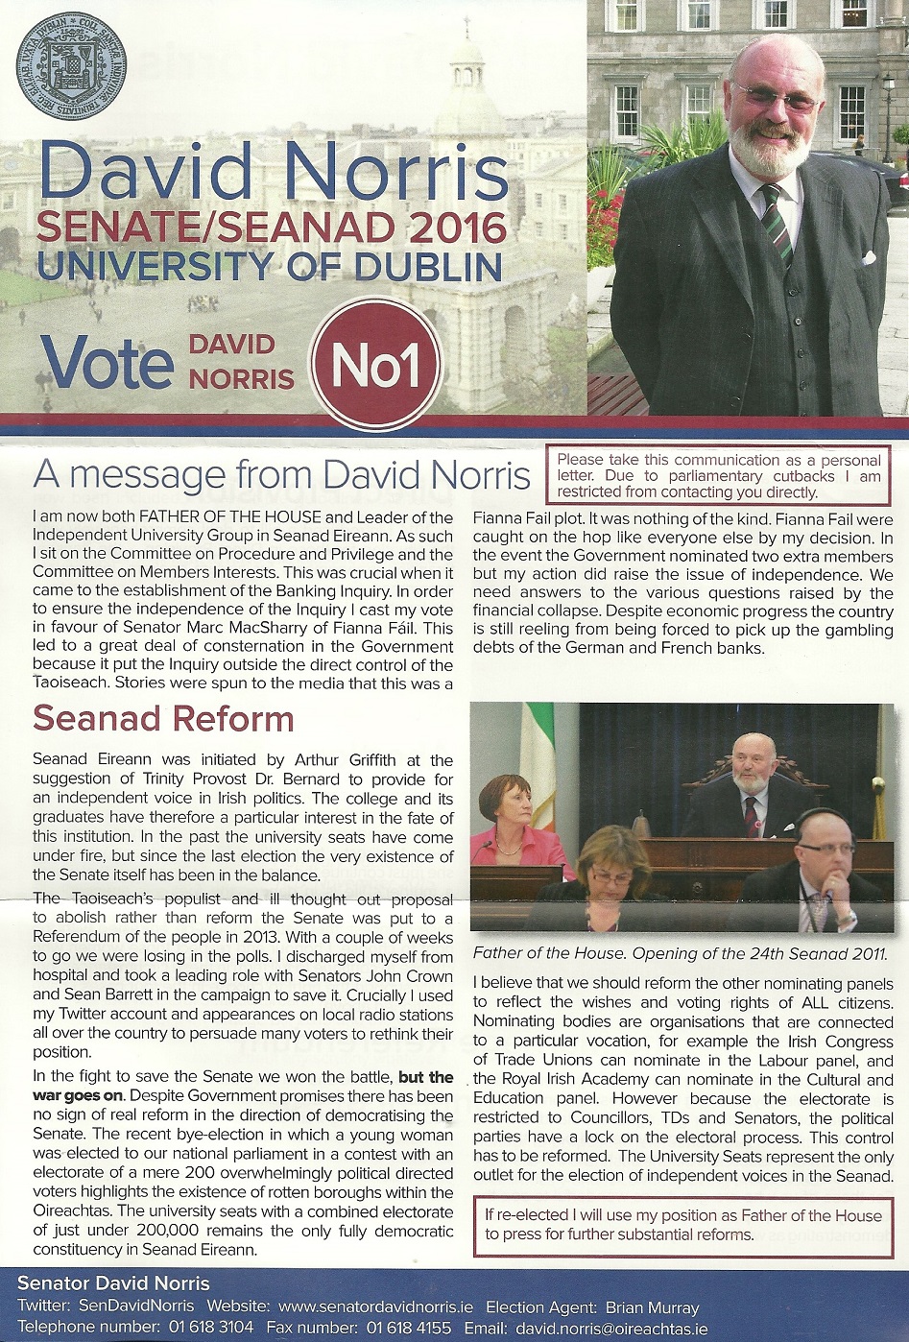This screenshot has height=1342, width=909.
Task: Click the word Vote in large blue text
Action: [x=107, y=363]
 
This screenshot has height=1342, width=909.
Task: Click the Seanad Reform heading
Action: [x=163, y=718]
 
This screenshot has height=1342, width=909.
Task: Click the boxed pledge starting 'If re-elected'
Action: [x=682, y=1224]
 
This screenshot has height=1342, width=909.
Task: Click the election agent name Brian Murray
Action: [x=652, y=1306]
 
